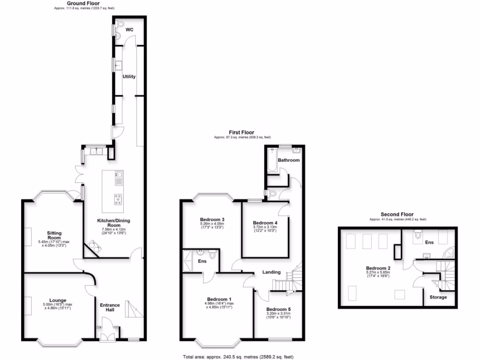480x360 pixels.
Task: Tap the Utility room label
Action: (x=129, y=76)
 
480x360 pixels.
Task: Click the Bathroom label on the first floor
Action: (x=288, y=160)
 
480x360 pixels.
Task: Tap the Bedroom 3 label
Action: (x=212, y=219)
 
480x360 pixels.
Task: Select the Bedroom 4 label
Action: (x=265, y=223)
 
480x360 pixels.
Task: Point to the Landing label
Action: (x=271, y=272)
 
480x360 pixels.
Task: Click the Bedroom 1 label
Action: (x=219, y=299)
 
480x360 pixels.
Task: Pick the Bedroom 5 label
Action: (x=278, y=309)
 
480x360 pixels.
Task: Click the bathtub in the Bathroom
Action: (x=272, y=161)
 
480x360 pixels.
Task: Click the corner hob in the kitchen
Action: (x=94, y=246)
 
